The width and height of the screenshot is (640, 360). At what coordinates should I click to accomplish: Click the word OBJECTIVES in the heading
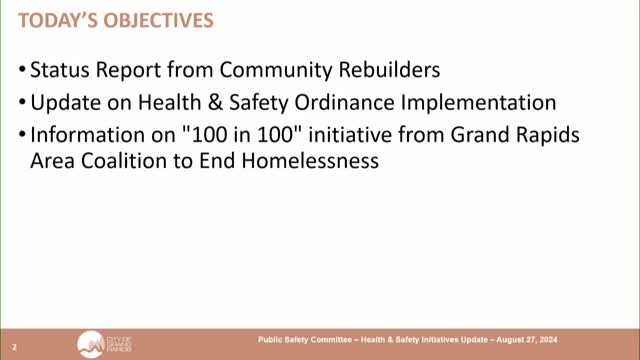click(x=165, y=19)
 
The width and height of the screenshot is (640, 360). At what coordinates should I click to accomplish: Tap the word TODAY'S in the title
click(x=54, y=19)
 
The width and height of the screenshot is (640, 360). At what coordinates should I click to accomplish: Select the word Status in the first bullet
click(x=58, y=71)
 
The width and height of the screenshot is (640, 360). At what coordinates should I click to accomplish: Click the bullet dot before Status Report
click(x=22, y=72)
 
